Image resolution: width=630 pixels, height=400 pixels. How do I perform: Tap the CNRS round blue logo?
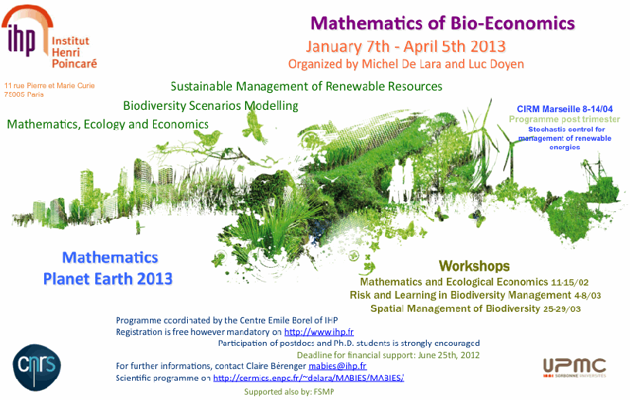click(37, 367)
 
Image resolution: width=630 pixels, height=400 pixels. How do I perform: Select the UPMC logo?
click(574, 368)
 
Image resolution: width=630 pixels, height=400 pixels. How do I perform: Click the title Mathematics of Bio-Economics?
click(442, 23)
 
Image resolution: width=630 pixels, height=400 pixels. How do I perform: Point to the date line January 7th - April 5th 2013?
click(405, 46)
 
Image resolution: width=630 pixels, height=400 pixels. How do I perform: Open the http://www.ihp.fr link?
click(319, 332)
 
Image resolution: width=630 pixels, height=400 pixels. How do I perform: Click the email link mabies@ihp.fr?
click(338, 366)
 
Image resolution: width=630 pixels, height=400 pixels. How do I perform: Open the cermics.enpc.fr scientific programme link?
click(308, 378)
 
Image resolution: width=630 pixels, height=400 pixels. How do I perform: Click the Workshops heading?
click(474, 266)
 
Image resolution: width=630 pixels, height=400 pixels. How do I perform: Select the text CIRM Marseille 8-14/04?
click(564, 109)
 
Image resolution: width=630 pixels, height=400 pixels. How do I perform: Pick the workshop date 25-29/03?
click(562, 309)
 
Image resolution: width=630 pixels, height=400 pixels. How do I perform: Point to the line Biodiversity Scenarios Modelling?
click(210, 106)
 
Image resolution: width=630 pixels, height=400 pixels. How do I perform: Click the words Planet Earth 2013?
click(107, 279)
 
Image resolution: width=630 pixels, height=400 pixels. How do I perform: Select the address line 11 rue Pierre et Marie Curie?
click(49, 86)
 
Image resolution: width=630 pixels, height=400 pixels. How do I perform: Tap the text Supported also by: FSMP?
click(289, 392)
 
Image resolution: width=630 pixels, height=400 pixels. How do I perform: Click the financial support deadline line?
click(388, 355)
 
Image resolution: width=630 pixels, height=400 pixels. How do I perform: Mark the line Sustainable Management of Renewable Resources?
click(306, 87)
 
